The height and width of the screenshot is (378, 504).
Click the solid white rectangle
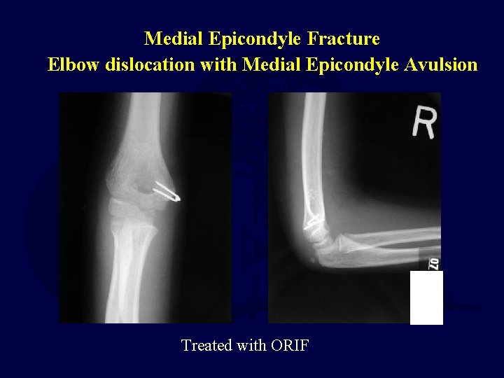click(426, 297)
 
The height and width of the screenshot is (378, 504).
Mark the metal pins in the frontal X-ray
click(167, 192)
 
